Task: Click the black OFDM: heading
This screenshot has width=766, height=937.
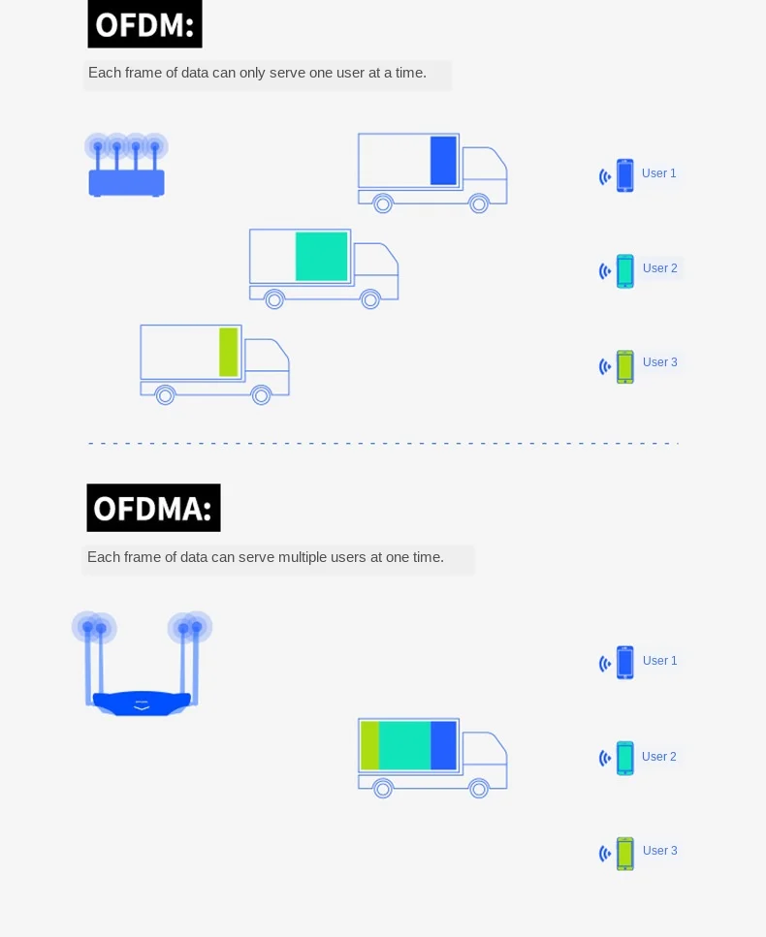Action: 144,23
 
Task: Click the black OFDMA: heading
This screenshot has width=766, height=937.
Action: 153,508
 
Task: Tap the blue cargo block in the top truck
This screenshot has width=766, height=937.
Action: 443,160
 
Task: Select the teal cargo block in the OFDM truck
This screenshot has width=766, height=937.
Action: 322,256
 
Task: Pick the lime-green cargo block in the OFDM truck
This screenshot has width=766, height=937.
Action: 229,352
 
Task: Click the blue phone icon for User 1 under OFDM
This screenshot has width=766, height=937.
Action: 625,175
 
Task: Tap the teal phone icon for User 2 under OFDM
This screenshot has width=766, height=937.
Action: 625,271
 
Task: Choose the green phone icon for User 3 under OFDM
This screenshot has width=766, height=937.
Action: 625,366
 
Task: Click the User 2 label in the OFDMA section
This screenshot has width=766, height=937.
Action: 659,757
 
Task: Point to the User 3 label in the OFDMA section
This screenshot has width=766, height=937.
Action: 659,851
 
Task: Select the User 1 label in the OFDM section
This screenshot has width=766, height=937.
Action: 659,173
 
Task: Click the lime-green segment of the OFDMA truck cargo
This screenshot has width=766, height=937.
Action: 369,745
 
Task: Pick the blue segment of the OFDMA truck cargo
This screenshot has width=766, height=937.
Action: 443,745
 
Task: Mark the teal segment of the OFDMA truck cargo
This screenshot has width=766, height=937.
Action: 404,745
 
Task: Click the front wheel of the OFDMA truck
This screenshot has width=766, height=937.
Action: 479,788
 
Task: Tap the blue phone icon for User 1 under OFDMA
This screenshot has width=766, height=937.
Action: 625,663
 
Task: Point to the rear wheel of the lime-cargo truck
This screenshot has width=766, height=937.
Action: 166,394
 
